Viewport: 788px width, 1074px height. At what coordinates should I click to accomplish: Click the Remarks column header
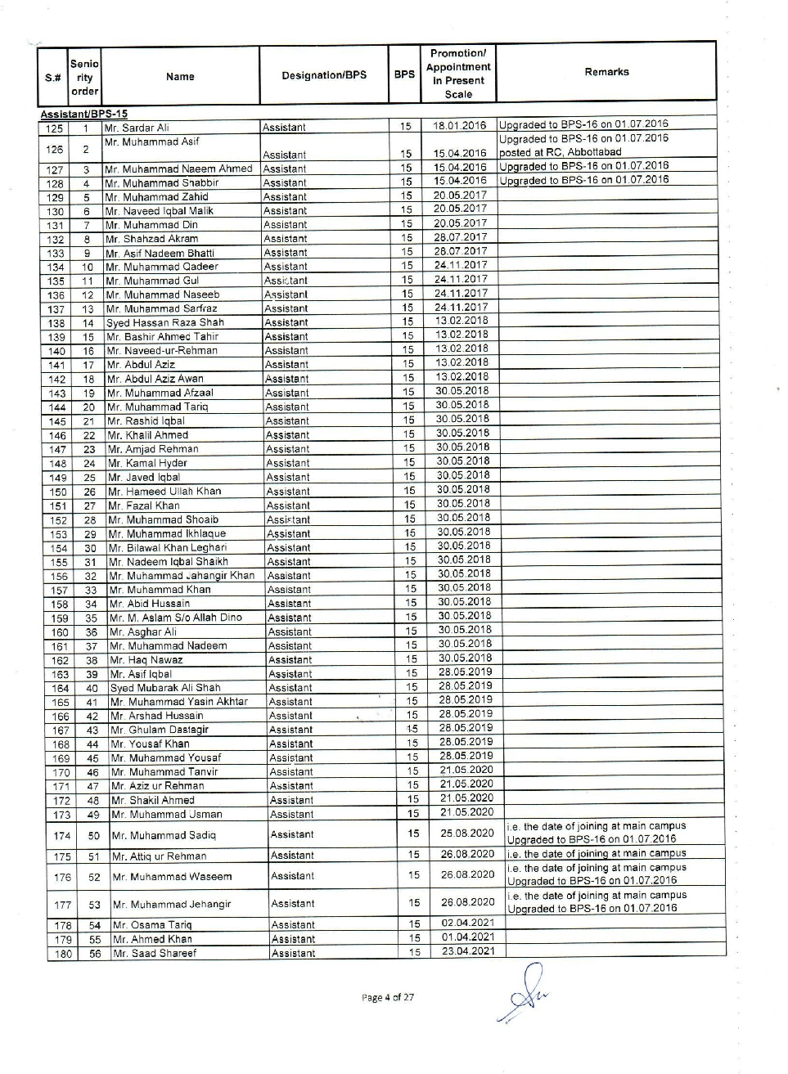(x=606, y=72)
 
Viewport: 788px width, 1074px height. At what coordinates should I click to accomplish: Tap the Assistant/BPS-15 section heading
(x=84, y=115)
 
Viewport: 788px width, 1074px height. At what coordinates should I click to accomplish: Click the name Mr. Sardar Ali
(x=137, y=128)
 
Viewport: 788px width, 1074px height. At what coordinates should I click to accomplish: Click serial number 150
(x=58, y=492)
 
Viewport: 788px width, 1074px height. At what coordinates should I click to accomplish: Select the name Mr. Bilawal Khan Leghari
(x=167, y=548)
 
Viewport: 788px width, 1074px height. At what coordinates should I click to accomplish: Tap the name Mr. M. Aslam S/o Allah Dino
(x=175, y=618)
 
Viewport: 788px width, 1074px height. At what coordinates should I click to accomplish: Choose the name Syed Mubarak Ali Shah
(x=164, y=688)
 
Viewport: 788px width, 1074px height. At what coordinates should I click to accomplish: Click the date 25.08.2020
(x=466, y=834)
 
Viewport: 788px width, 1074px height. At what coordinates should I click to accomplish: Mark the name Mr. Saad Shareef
(x=154, y=953)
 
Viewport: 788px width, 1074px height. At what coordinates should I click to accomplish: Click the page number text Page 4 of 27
(x=388, y=997)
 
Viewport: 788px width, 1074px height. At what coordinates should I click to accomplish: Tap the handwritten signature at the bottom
(x=521, y=991)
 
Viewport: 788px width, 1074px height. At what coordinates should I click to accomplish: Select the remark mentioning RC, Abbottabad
(x=561, y=152)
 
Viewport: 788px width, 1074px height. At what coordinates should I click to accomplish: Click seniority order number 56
(x=95, y=954)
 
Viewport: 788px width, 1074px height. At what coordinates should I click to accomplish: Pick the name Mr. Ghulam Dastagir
(x=159, y=730)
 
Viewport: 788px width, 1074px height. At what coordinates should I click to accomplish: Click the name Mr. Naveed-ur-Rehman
(x=162, y=351)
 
